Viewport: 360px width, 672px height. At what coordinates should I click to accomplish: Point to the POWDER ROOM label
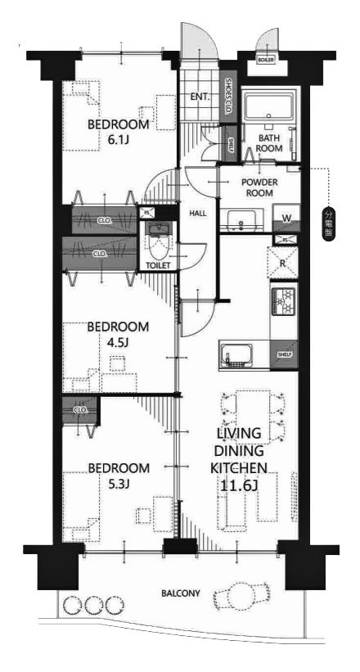[x=259, y=188]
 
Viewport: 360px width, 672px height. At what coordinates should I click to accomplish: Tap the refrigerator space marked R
[x=282, y=264]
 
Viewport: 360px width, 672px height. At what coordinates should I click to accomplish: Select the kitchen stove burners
[x=282, y=304]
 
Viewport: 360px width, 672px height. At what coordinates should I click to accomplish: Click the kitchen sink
[x=237, y=355]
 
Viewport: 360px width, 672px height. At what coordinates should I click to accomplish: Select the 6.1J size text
[x=119, y=140]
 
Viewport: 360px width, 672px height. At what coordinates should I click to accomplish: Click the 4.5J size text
[x=119, y=341]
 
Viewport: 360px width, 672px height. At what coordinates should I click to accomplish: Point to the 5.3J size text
[x=119, y=483]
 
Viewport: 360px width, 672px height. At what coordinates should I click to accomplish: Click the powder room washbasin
[x=241, y=219]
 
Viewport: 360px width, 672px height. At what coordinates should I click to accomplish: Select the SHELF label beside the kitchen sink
[x=284, y=354]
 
